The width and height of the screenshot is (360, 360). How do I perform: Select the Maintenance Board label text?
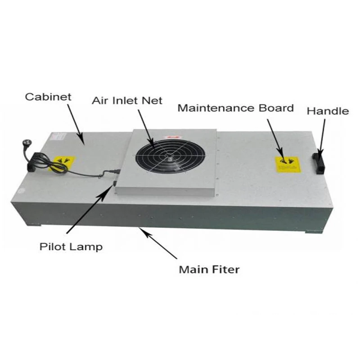click(235, 108)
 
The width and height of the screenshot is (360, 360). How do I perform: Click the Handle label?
click(327, 110)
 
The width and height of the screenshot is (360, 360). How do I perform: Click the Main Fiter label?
click(209, 270)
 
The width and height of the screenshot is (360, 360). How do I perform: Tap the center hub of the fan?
click(168, 157)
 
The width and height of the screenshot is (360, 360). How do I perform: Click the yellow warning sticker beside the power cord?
click(64, 162)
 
